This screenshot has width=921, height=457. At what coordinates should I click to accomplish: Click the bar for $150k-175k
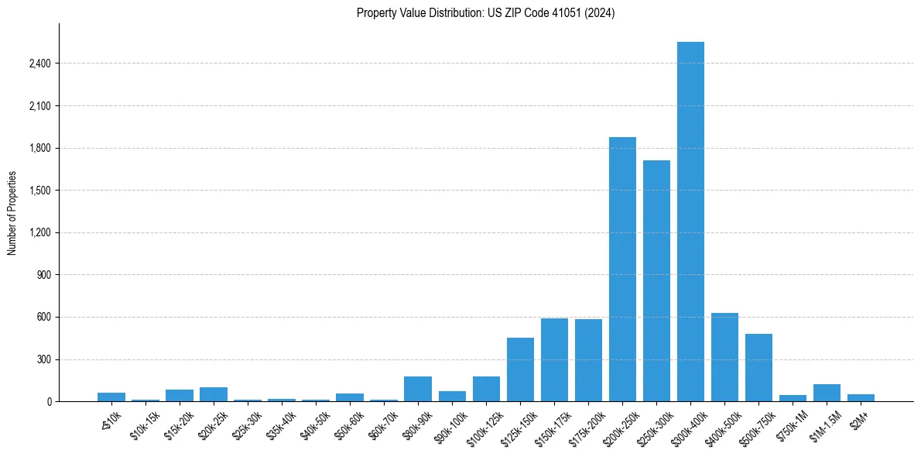(554, 360)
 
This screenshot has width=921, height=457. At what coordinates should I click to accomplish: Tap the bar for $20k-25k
(214, 394)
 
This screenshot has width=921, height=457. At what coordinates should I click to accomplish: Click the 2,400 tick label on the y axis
(39, 64)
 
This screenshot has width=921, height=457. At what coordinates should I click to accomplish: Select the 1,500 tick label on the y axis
(39, 191)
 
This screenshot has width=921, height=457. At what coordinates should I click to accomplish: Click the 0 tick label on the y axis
(50, 402)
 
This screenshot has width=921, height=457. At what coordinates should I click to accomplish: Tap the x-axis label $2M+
(859, 418)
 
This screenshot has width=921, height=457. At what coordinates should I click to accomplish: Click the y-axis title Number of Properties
(12, 212)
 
